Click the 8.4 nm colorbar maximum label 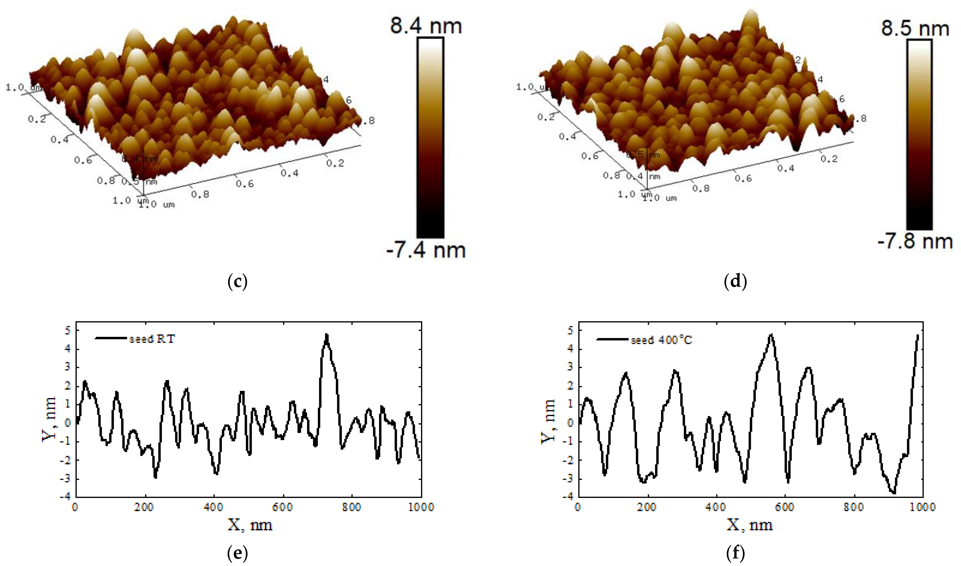(426, 26)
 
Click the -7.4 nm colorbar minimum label (426, 250)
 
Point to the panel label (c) (237, 282)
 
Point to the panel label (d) (735, 282)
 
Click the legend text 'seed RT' (152, 339)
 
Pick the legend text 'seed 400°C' (661, 340)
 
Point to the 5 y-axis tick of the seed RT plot (68, 330)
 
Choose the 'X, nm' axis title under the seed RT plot (250, 525)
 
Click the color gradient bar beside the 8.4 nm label (430, 137)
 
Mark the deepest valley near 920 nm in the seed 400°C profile (893, 493)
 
